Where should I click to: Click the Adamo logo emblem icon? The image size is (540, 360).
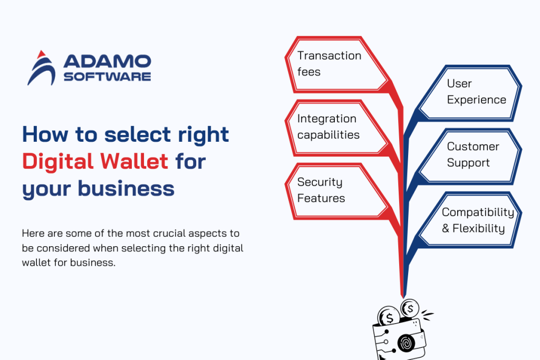click(41, 68)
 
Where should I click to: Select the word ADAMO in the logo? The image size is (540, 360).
click(107, 62)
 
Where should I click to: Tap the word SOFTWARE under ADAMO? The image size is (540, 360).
click(107, 76)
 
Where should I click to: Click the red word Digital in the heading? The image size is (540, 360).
click(57, 161)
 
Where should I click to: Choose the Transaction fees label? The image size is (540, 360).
click(329, 63)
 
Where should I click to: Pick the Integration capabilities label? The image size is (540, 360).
click(328, 127)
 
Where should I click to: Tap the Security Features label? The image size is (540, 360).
click(321, 190)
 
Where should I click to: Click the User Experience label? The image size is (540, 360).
click(476, 92)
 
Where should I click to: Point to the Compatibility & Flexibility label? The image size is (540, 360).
click(477, 220)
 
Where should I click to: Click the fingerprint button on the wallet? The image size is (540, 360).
click(406, 342)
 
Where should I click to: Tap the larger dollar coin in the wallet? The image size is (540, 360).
click(389, 317)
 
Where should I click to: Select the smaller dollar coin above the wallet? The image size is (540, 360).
click(410, 307)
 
